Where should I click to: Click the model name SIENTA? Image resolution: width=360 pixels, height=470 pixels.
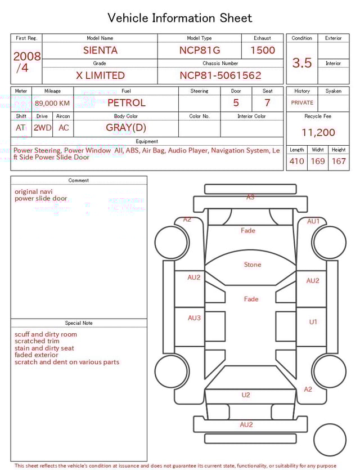tap(100, 50)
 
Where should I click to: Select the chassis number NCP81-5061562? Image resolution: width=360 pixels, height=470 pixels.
tap(220, 75)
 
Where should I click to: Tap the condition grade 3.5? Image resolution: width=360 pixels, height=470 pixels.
tap(302, 63)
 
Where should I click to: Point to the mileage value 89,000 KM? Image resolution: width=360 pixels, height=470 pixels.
tap(52, 103)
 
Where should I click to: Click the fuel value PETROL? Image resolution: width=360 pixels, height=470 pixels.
tap(126, 103)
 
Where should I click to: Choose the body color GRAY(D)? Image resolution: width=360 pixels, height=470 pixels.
tap(126, 128)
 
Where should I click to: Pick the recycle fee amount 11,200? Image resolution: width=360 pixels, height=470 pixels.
tap(318, 133)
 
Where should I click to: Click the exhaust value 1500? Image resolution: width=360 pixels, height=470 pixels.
tap(263, 50)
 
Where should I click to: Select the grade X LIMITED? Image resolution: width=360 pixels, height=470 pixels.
tap(100, 75)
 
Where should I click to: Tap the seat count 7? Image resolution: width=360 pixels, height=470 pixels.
tap(267, 103)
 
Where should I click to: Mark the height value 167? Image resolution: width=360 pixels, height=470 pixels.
tap(339, 162)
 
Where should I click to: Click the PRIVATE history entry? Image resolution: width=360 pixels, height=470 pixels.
tap(302, 103)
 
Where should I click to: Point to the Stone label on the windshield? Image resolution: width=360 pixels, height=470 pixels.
tap(253, 265)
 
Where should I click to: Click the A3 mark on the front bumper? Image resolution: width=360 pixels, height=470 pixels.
tap(250, 197)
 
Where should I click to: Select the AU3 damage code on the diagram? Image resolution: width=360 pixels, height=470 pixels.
tap(194, 318)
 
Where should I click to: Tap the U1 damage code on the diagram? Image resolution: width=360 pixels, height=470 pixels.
tap(313, 322)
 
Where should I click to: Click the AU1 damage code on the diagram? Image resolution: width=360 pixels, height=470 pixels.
tap(313, 222)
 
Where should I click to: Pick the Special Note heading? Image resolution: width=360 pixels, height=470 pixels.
tap(79, 323)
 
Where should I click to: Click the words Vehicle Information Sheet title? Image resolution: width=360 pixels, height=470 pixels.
tap(180, 18)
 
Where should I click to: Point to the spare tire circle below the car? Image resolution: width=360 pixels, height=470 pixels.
tap(330, 440)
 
